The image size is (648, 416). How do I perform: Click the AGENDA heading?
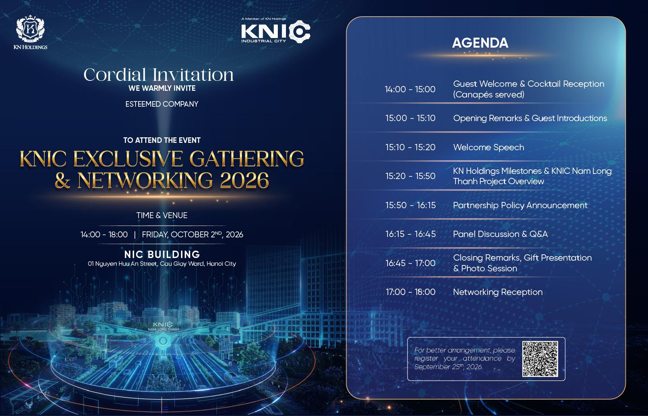coord(480,43)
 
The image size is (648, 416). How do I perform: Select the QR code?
coord(540,359)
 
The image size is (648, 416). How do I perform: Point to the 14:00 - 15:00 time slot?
coord(410,89)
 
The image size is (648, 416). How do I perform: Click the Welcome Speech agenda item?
coord(488,147)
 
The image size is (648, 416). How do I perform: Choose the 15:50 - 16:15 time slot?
coord(410,205)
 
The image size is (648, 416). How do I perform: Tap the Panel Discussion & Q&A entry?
coord(500,234)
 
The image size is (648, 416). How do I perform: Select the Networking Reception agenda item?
coord(498,292)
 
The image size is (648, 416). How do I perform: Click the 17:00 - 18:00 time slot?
coord(410,292)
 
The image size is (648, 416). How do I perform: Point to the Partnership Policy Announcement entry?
coord(520,205)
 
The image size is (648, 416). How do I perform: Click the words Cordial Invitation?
coord(159,75)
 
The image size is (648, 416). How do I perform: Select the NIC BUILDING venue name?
coord(162,254)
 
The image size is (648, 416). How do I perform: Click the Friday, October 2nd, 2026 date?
coord(192,234)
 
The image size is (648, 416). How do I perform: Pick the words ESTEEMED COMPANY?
coord(162,104)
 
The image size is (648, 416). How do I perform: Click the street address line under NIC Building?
coord(162,264)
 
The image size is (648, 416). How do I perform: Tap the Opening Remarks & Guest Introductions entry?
coord(530,118)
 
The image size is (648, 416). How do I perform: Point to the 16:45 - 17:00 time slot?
coord(410,263)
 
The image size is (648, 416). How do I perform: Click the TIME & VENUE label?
coord(162,215)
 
